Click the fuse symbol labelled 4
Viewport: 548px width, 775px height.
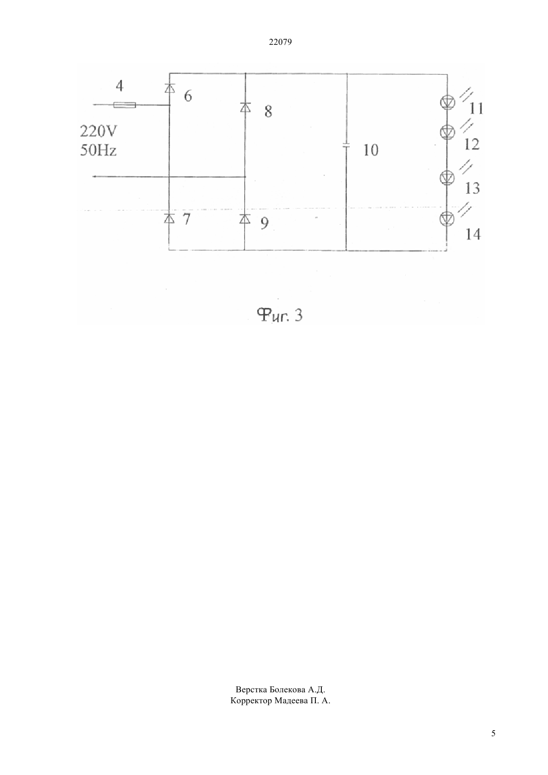[x=125, y=105]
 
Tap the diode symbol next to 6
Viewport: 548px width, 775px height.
[x=169, y=88]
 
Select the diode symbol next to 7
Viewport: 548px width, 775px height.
[x=169, y=218]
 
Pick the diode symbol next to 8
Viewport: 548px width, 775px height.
[x=245, y=107]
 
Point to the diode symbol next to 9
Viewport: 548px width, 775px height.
[x=245, y=219]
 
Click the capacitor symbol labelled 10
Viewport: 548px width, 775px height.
[x=346, y=145]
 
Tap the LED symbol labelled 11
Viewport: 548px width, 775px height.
[x=447, y=102]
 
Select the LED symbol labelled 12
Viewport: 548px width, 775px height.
[x=447, y=131]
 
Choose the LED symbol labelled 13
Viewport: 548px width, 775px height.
[x=447, y=177]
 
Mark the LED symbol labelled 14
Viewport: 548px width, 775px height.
[x=447, y=219]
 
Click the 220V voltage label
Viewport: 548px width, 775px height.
[x=99, y=131]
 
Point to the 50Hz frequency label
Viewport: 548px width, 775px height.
[x=98, y=150]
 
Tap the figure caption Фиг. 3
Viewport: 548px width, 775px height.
[x=279, y=315]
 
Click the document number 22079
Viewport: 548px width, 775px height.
[x=280, y=42]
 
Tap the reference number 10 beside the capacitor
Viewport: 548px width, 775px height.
[x=371, y=150]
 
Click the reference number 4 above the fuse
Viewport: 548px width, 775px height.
[x=120, y=86]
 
